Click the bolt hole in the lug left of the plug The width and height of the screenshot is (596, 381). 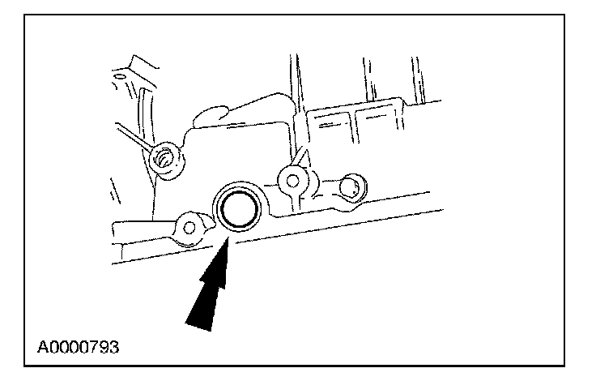point(189,229)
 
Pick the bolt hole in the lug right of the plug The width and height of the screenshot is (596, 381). point(289,179)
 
